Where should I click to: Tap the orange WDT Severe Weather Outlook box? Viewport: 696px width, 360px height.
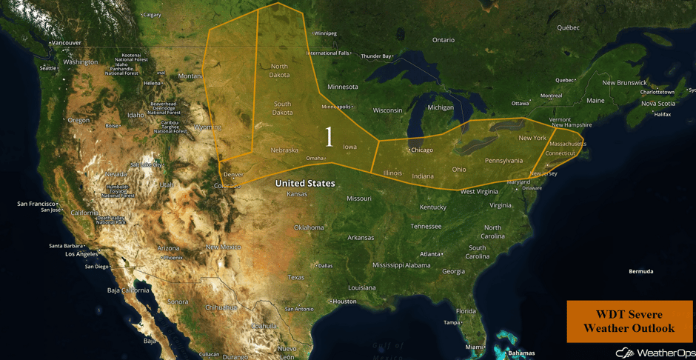629,321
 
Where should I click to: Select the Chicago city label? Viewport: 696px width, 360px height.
421,150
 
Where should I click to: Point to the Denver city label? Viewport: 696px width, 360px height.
232,174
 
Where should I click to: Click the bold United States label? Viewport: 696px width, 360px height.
305,183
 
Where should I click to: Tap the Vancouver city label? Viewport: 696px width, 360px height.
66,43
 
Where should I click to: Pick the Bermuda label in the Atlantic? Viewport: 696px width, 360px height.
641,271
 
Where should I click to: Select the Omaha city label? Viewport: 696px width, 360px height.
315,158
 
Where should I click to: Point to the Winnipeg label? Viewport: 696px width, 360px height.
325,33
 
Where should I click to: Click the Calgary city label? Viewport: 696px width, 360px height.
152,15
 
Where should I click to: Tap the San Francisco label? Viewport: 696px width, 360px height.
37,203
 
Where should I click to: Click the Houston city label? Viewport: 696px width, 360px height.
344,301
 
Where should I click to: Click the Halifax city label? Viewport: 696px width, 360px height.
663,114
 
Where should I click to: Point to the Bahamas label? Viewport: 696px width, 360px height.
522,353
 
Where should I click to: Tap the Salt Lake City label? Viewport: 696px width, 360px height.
147,164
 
